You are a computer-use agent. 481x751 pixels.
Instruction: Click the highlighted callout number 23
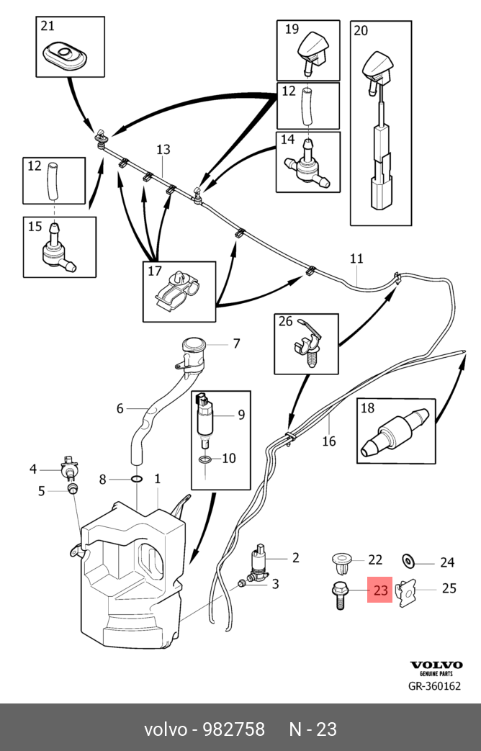[380, 591]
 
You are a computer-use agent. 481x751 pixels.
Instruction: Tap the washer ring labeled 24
[408, 561]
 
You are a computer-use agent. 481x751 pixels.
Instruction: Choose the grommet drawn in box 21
[66, 53]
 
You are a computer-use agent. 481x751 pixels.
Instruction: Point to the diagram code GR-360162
[433, 686]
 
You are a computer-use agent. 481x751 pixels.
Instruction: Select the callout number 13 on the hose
[163, 150]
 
